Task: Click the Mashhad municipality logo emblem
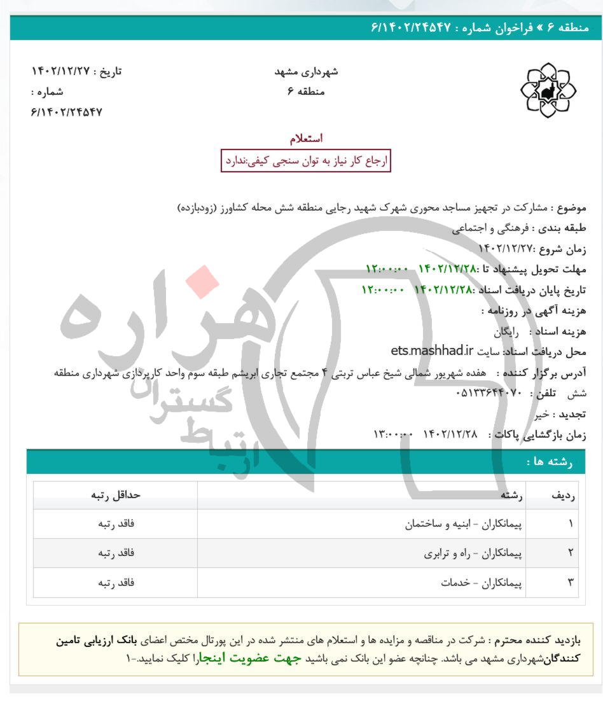pyautogui.click(x=548, y=90)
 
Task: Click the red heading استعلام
pyautogui.click(x=306, y=138)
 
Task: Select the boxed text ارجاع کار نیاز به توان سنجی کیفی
pyautogui.click(x=305, y=161)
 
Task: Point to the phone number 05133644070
pyautogui.click(x=489, y=393)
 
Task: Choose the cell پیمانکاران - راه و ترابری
pyautogui.click(x=474, y=553)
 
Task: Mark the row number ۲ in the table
pyautogui.click(x=571, y=553)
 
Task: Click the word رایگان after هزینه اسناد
pyautogui.click(x=507, y=332)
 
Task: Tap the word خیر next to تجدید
pyautogui.click(x=540, y=414)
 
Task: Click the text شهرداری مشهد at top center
pyautogui.click(x=306, y=71)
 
